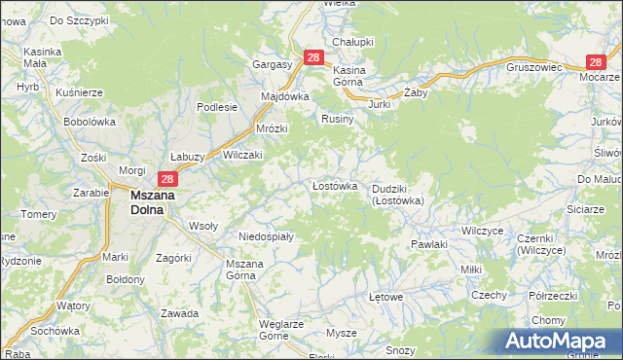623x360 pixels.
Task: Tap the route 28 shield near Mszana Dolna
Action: coord(167,179)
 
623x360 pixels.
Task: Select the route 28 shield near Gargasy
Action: coord(312,58)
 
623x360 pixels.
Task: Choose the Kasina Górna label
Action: coord(350,77)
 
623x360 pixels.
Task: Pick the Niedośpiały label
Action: coord(266,235)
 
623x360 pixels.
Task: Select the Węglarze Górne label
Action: coord(281,330)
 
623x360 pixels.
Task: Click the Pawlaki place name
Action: coord(428,244)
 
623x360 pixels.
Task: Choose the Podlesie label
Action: coord(217,107)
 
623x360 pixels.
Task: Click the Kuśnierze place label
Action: coord(80,91)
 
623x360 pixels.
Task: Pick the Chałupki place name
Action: coord(352,42)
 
